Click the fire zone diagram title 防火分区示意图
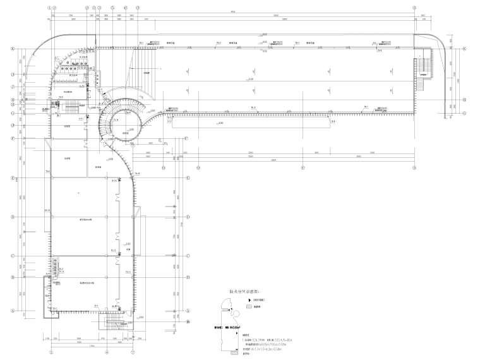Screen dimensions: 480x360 (245, 292)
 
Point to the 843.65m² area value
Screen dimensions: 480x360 (237, 328)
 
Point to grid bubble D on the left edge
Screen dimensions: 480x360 (11, 217)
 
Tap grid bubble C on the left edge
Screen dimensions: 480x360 (11, 256)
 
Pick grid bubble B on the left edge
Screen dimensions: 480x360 (11, 277)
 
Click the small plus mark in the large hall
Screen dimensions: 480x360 (78, 192)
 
